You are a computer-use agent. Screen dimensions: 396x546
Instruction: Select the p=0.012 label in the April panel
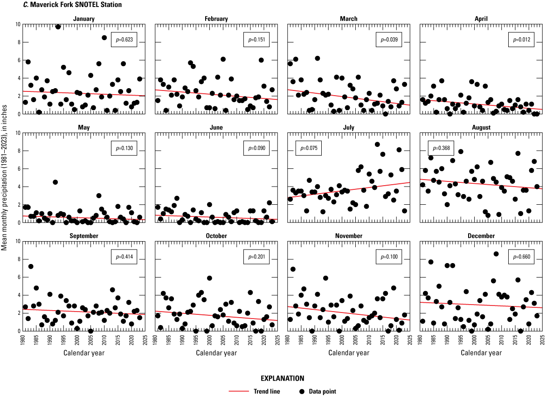tap(522, 40)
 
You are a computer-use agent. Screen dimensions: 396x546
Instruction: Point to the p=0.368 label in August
tap(440, 149)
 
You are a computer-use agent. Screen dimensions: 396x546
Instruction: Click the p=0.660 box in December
tap(522, 257)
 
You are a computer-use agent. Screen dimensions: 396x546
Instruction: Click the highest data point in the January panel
tap(58, 27)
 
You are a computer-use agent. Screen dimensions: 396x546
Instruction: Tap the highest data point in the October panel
tap(210, 278)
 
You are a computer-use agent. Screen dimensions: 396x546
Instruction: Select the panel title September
tap(84, 236)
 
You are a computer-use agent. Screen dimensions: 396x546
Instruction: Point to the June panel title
tap(216, 127)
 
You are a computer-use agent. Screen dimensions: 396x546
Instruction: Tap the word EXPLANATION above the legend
tap(283, 378)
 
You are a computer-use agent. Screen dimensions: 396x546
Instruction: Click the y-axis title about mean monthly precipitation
tap(4, 177)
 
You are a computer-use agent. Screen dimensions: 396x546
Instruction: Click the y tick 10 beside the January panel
tap(17, 24)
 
